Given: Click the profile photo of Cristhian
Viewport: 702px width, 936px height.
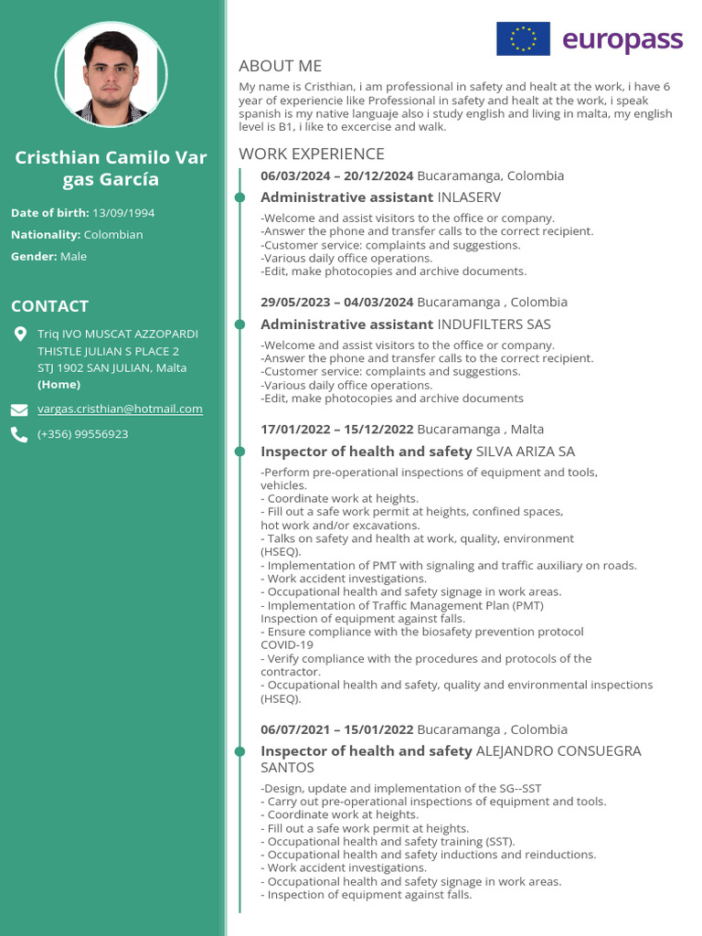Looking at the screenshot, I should click(x=112, y=75).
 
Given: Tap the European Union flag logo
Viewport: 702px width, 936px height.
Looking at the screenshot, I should click(x=523, y=39).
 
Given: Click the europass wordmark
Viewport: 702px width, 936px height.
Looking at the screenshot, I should click(x=622, y=40).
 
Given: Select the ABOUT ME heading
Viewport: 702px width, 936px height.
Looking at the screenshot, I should click(x=280, y=66).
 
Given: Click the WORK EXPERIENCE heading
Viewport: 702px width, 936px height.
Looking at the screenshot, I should click(x=311, y=154).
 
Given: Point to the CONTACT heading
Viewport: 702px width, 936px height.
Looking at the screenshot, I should click(x=49, y=306).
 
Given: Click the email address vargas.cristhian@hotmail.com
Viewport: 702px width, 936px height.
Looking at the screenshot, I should click(x=120, y=409).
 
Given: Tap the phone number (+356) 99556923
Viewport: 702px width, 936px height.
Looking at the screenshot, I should click(x=82, y=434).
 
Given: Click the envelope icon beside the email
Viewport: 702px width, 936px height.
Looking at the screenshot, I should click(x=19, y=409).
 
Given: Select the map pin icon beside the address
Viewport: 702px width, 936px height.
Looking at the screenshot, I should click(x=20, y=335).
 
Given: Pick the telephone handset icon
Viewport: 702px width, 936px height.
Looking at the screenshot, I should click(x=19, y=435).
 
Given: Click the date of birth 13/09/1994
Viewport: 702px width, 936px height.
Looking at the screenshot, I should click(x=123, y=213).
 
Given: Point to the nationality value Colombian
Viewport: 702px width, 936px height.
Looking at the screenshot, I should click(x=113, y=235).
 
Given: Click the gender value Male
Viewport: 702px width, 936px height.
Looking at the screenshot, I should click(x=73, y=257).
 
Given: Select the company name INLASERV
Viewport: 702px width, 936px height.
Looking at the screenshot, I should click(x=469, y=197).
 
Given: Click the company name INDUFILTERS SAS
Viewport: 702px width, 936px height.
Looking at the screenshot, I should click(x=494, y=324).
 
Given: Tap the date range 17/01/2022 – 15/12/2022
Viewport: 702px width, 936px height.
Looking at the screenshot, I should click(x=336, y=430).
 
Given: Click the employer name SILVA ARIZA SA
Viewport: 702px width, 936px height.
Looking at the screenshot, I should click(x=526, y=452).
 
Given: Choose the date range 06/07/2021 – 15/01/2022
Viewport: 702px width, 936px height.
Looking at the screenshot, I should click(x=336, y=729).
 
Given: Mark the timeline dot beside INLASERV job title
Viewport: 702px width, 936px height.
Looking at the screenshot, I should click(x=239, y=197).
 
